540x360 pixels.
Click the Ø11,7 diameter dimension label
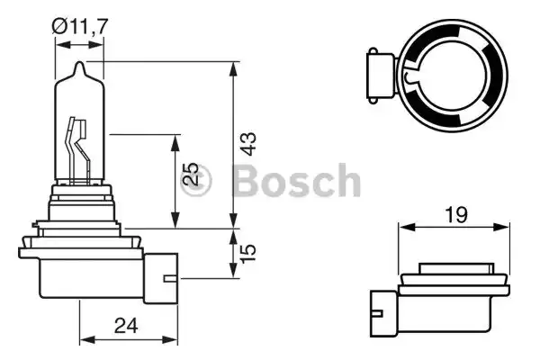[82, 27]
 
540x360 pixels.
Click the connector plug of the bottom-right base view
[382, 311]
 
